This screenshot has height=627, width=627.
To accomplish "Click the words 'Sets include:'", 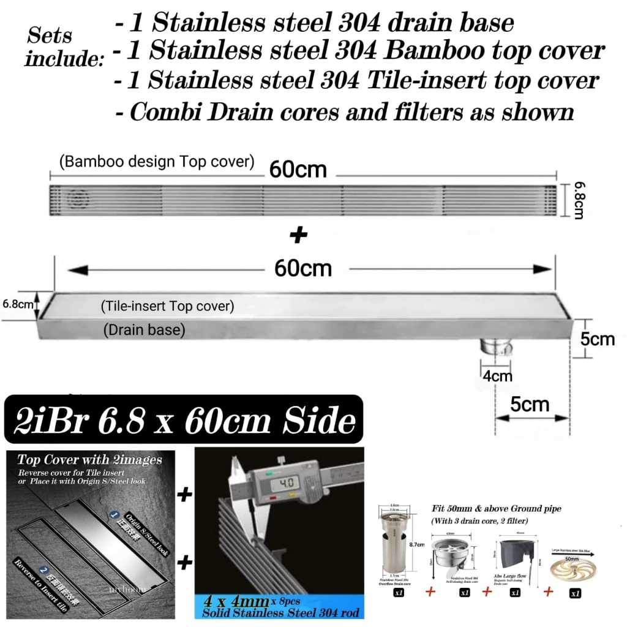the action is click(x=59, y=47).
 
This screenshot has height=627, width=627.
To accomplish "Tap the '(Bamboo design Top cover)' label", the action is click(x=156, y=162).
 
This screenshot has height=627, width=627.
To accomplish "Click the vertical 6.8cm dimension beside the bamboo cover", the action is click(x=577, y=200).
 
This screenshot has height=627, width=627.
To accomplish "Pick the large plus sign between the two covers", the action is click(x=298, y=235).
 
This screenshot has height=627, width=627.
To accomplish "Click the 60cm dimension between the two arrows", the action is click(x=303, y=269).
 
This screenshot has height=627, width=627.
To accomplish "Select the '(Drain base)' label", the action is click(x=144, y=331).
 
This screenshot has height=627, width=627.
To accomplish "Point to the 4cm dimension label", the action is click(x=498, y=375).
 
